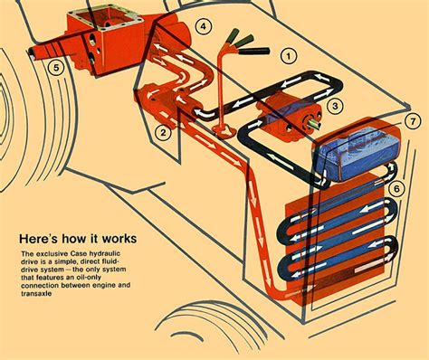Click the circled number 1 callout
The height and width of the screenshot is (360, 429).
(x=288, y=55)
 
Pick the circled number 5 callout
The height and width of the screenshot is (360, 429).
(x=56, y=65)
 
